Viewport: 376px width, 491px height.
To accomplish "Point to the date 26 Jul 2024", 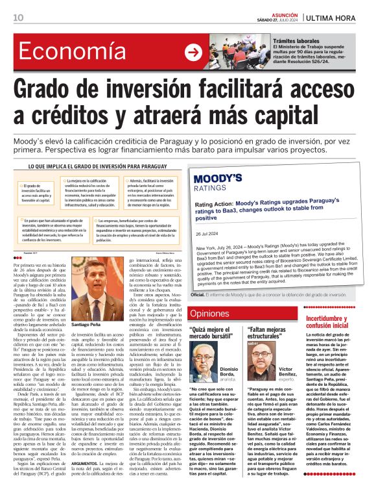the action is point(207,234).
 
